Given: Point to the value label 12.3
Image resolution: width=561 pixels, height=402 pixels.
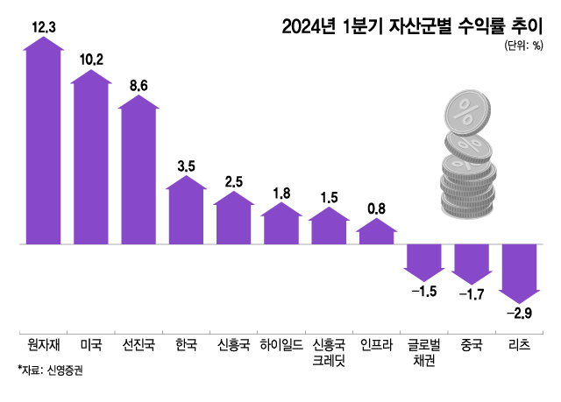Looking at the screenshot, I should (x=43, y=28).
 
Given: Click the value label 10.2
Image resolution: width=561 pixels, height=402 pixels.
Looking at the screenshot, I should (x=91, y=60).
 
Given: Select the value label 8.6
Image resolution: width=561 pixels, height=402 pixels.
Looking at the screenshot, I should (x=138, y=85).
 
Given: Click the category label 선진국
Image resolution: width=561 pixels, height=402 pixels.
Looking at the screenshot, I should (x=138, y=344).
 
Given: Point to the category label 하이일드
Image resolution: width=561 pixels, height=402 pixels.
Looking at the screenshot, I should (x=280, y=344).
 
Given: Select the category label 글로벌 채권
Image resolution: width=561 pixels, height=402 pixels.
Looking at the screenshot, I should (x=423, y=352).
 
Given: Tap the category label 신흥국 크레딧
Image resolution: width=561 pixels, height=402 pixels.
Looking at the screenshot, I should (x=329, y=352).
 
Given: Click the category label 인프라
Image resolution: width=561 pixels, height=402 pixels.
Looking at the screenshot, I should (x=377, y=344).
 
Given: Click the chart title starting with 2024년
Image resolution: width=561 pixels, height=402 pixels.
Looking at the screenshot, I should (x=409, y=26).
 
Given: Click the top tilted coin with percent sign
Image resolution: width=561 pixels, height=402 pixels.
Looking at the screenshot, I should (x=471, y=112).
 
